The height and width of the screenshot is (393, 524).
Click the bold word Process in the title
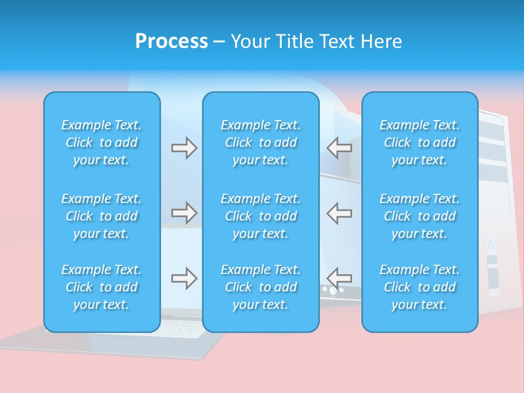click(171, 41)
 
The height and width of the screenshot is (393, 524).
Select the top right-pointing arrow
click(184, 148)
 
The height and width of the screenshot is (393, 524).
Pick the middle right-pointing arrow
click(184, 212)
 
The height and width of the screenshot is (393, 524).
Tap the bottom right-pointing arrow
click(184, 278)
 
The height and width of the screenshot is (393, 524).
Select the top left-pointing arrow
click(340, 148)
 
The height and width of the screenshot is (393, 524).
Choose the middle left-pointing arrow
click(340, 212)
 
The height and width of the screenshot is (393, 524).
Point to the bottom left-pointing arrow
click(340, 278)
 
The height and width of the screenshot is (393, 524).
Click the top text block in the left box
click(102, 142)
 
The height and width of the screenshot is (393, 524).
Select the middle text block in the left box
click(102, 216)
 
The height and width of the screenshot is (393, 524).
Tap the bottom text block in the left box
click(102, 287)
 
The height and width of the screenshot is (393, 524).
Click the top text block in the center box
click(261, 142)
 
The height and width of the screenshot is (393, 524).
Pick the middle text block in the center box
click(261, 216)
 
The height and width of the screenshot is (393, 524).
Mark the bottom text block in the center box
click(261, 287)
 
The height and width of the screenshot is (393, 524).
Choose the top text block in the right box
click(420, 142)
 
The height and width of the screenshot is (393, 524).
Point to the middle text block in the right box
click(420, 216)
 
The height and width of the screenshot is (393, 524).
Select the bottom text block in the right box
click(420, 287)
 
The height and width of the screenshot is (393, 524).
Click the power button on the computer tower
click(491, 245)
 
